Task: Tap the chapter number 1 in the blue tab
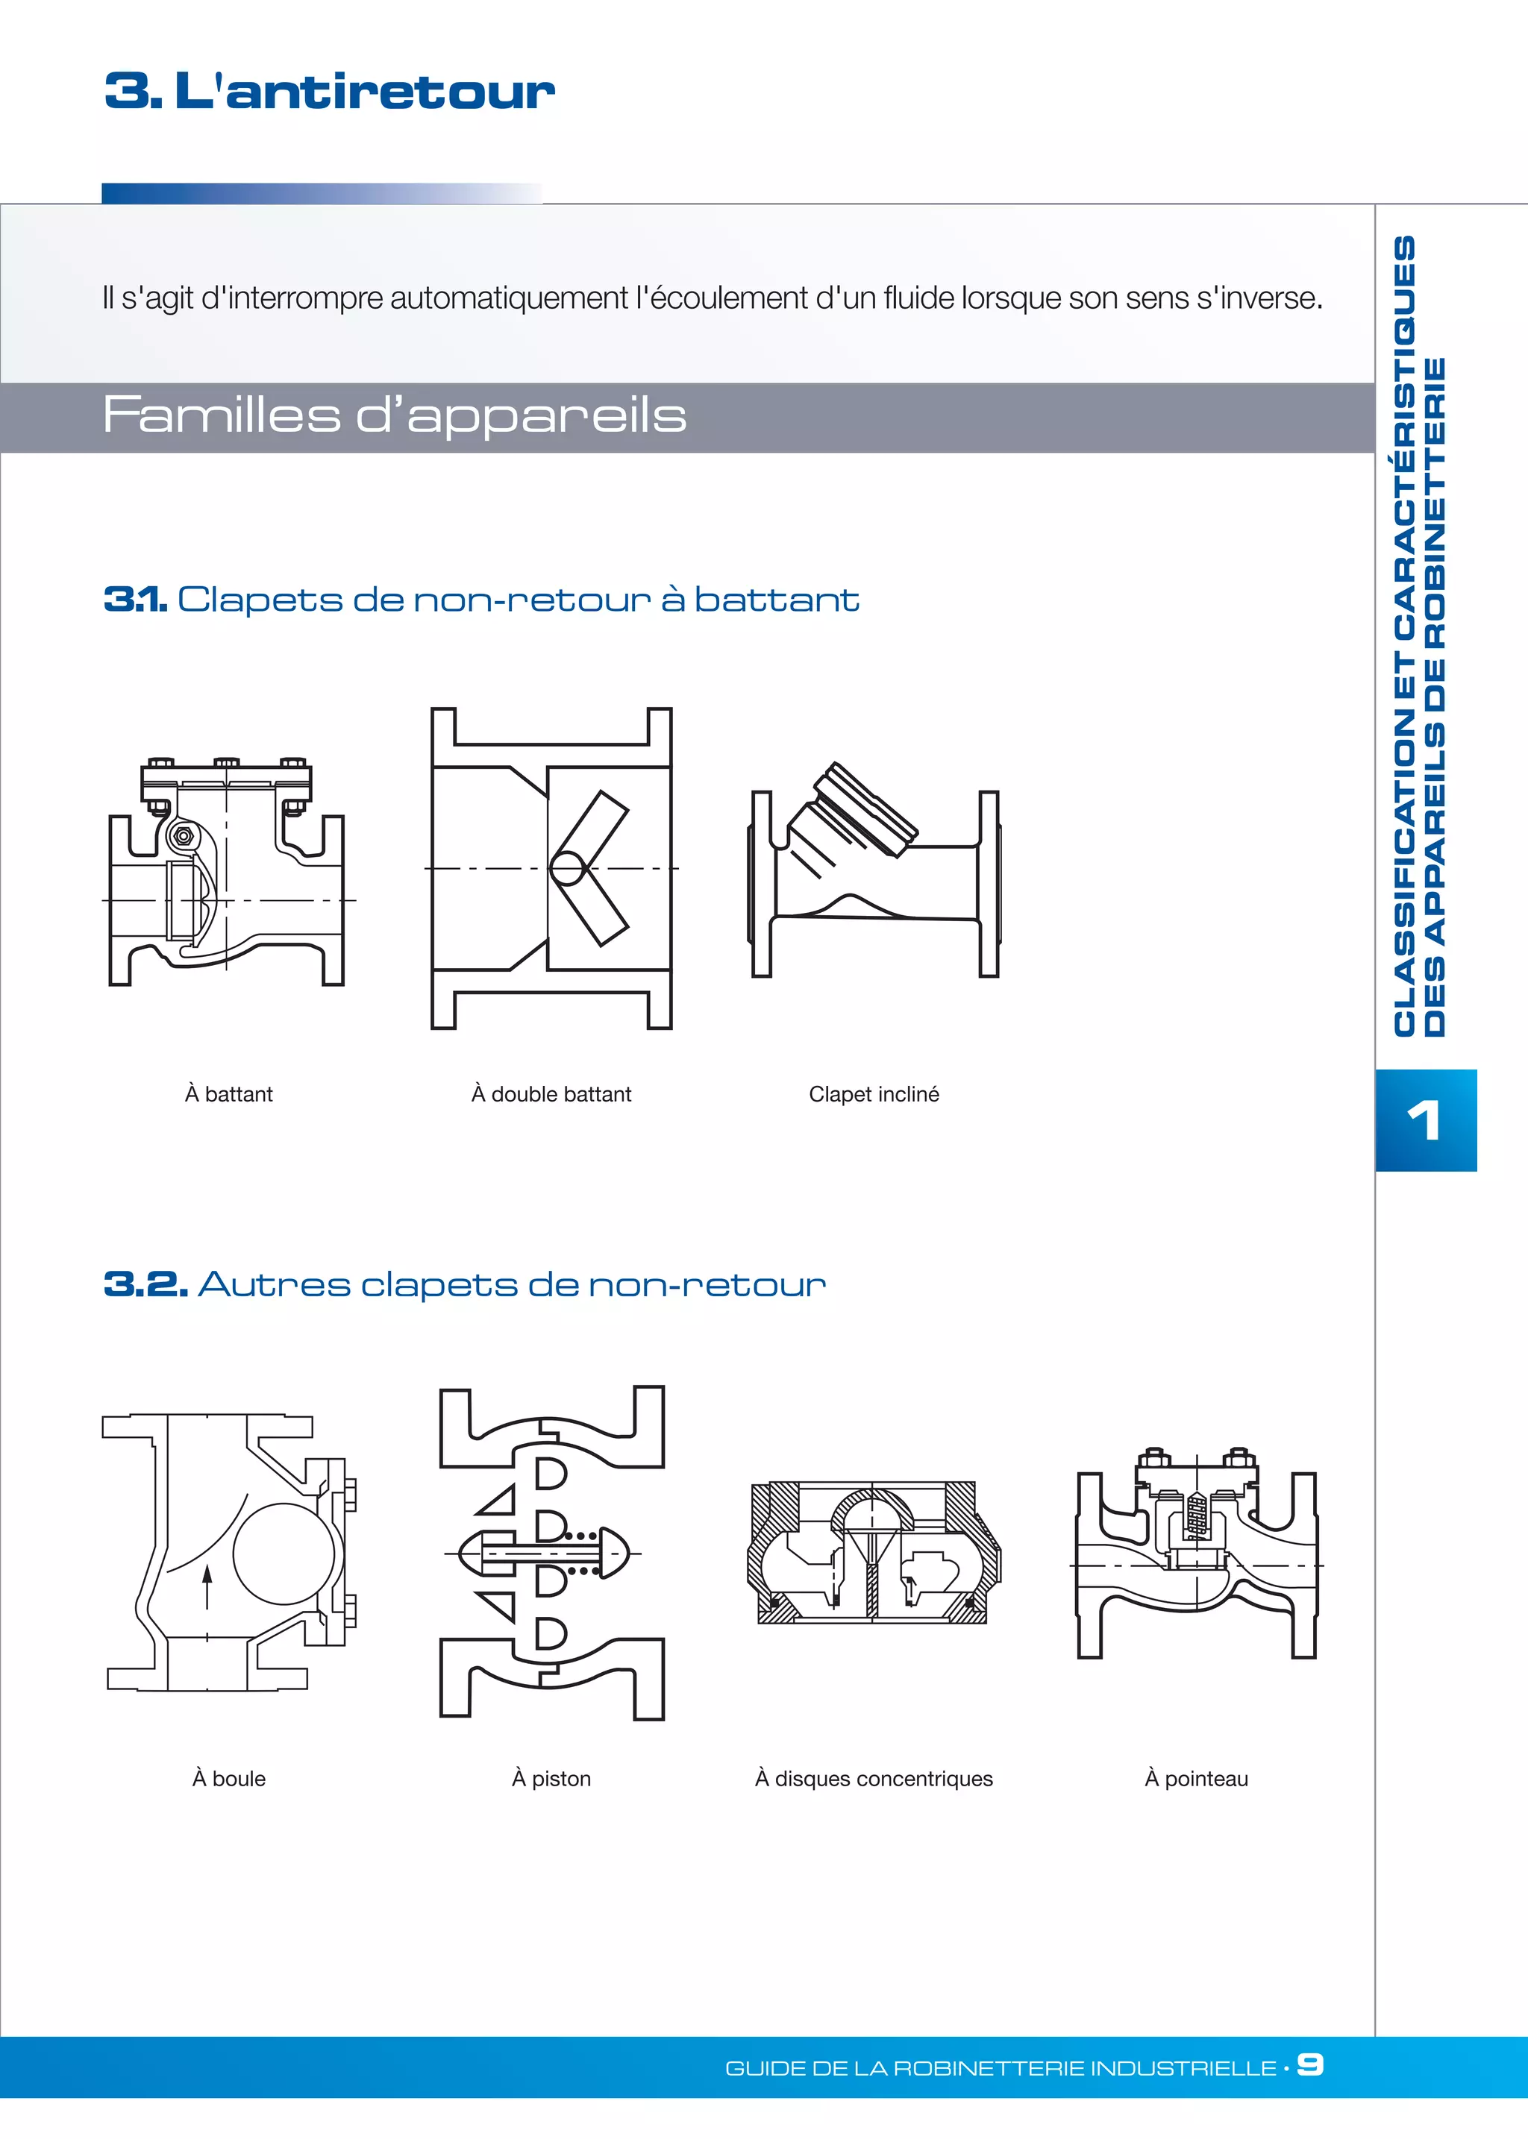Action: pos(1424,1120)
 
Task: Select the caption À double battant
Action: pos(551,1094)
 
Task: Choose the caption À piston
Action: pos(551,1778)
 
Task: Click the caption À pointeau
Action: pos(1196,1778)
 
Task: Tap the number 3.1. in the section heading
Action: pos(136,599)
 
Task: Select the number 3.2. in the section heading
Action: pos(145,1284)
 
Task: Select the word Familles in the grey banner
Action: pos(221,415)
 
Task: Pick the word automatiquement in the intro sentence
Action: pos(508,298)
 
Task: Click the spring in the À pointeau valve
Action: pos(1195,1515)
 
